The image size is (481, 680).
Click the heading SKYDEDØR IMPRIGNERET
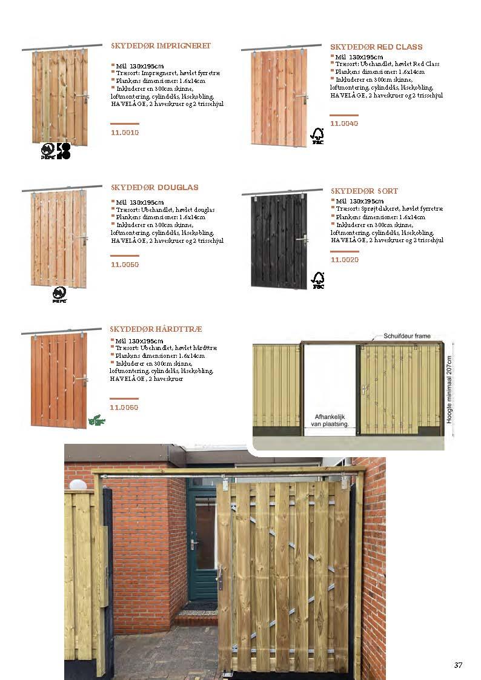161,46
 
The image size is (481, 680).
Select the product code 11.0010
125,132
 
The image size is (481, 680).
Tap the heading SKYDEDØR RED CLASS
376,47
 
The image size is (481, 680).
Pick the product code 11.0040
344,124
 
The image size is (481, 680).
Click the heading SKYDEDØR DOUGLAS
154,188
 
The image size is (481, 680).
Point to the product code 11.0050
125,265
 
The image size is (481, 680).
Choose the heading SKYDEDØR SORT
364,191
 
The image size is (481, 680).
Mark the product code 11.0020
344,260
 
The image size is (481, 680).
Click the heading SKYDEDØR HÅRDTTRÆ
156,329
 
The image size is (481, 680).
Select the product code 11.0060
124,408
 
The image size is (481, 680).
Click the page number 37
459,665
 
